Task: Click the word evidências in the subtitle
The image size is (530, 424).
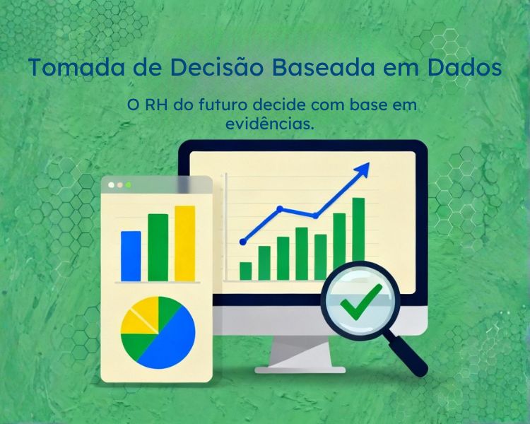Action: [269, 123]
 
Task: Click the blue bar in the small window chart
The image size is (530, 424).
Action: [131, 256]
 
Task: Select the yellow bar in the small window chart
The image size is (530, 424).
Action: [184, 243]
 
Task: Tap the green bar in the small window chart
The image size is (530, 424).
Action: [158, 247]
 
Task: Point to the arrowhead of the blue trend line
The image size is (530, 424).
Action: [363, 170]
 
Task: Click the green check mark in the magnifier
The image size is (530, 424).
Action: [360, 301]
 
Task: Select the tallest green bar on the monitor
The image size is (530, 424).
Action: [358, 230]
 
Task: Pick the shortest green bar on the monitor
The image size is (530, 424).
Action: [246, 271]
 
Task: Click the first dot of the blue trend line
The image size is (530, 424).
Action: [243, 242]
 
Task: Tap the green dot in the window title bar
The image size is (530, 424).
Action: [129, 185]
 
